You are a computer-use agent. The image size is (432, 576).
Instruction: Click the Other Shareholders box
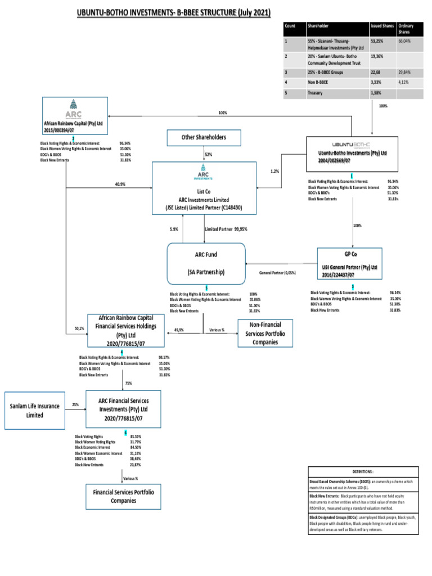point(203,137)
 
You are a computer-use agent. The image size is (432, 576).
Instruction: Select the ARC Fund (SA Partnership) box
point(206,263)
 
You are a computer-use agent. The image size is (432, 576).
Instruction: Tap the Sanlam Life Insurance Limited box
point(34,409)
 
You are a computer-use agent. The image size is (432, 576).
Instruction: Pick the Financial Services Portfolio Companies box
point(123,496)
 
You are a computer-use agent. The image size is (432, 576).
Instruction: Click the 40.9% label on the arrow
point(120,184)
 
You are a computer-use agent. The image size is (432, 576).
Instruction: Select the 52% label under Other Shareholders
point(208,154)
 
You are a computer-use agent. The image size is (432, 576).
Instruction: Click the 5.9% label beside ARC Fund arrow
point(174,229)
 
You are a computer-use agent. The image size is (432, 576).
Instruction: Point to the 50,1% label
point(79,328)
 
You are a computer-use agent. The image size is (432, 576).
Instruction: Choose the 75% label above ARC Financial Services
point(128,383)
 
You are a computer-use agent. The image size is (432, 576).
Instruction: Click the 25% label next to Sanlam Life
point(75,404)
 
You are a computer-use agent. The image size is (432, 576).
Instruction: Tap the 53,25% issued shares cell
point(377,41)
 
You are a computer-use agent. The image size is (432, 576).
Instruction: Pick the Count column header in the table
point(290,26)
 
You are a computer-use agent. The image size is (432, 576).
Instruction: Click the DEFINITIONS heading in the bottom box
point(363,472)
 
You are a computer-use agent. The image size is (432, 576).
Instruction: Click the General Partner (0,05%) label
point(277,273)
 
